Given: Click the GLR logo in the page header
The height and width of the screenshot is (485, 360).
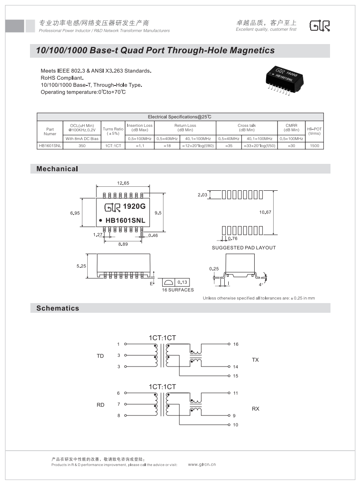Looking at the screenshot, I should (x=320, y=26).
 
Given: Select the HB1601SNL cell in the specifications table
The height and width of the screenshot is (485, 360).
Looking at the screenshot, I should (x=50, y=145).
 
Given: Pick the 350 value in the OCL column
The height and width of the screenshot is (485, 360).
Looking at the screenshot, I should (x=82, y=145).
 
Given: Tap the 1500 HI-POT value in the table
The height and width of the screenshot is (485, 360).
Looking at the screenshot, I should (x=315, y=145).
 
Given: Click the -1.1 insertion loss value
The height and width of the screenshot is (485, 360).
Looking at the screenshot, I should (x=140, y=145).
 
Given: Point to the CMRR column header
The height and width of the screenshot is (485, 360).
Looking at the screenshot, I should (x=291, y=128).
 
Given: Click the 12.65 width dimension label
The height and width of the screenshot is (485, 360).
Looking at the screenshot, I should (x=123, y=183).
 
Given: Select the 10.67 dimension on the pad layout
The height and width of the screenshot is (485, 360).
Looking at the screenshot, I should (x=265, y=212).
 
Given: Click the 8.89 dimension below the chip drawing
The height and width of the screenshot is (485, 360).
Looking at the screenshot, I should (x=122, y=244).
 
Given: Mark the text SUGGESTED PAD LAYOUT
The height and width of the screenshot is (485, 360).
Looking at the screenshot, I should (x=244, y=248).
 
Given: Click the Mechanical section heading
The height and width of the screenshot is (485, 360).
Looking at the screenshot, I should (x=57, y=169).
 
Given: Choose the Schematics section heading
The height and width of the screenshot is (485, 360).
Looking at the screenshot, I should (x=58, y=308).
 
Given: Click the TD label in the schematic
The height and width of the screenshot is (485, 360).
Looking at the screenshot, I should (x=100, y=356).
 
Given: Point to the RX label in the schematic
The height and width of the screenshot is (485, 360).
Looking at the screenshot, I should (x=256, y=409).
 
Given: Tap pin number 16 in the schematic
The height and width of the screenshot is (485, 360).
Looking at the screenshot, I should (x=236, y=344).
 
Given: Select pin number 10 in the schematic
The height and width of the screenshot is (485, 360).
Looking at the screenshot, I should (x=236, y=425).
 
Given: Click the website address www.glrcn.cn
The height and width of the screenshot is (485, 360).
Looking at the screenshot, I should (x=202, y=464).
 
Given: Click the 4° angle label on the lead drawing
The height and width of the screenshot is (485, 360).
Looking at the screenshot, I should (x=261, y=284).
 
